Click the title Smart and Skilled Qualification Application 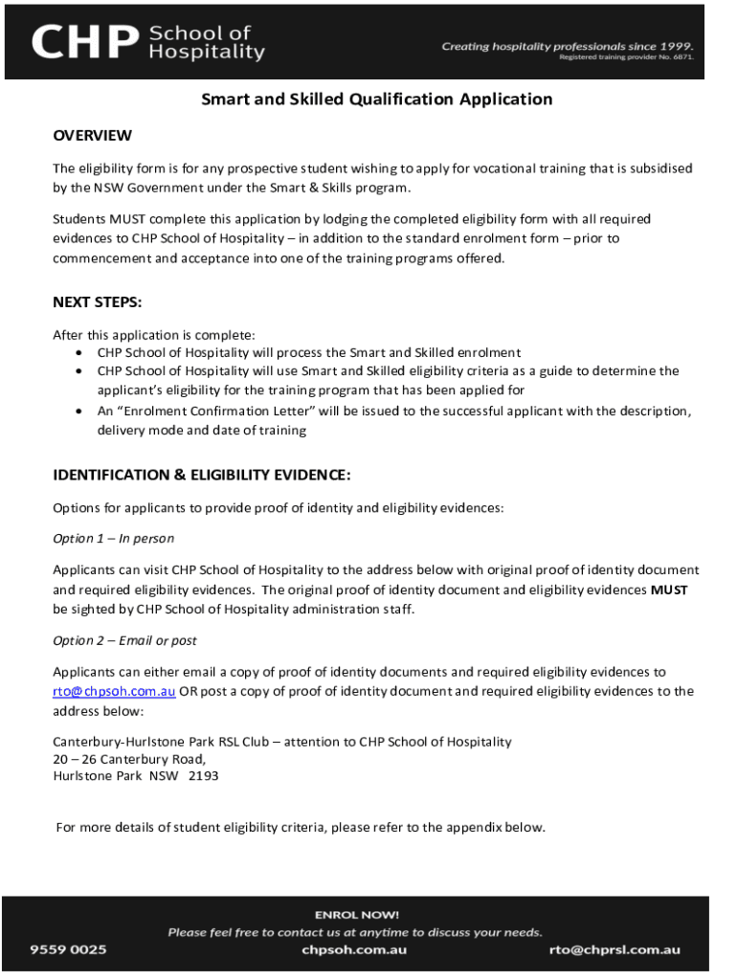pyautogui.click(x=376, y=100)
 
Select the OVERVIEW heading pyautogui.click(x=92, y=135)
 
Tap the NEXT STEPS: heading pyautogui.click(x=97, y=302)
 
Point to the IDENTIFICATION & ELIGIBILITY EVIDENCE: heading pyautogui.click(x=201, y=475)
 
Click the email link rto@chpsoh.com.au pyautogui.click(x=114, y=691)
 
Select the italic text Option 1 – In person pyautogui.click(x=113, y=539)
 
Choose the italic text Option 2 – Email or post pyautogui.click(x=124, y=640)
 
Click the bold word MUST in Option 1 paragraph pyautogui.click(x=669, y=590)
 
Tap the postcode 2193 pyautogui.click(x=203, y=776)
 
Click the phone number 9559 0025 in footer pyautogui.click(x=68, y=949)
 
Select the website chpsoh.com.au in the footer pyautogui.click(x=354, y=949)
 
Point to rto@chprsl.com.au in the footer pyautogui.click(x=614, y=949)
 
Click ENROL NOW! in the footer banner pyautogui.click(x=356, y=915)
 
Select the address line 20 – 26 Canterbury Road pyautogui.click(x=128, y=759)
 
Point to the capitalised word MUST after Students pyautogui.click(x=127, y=219)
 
